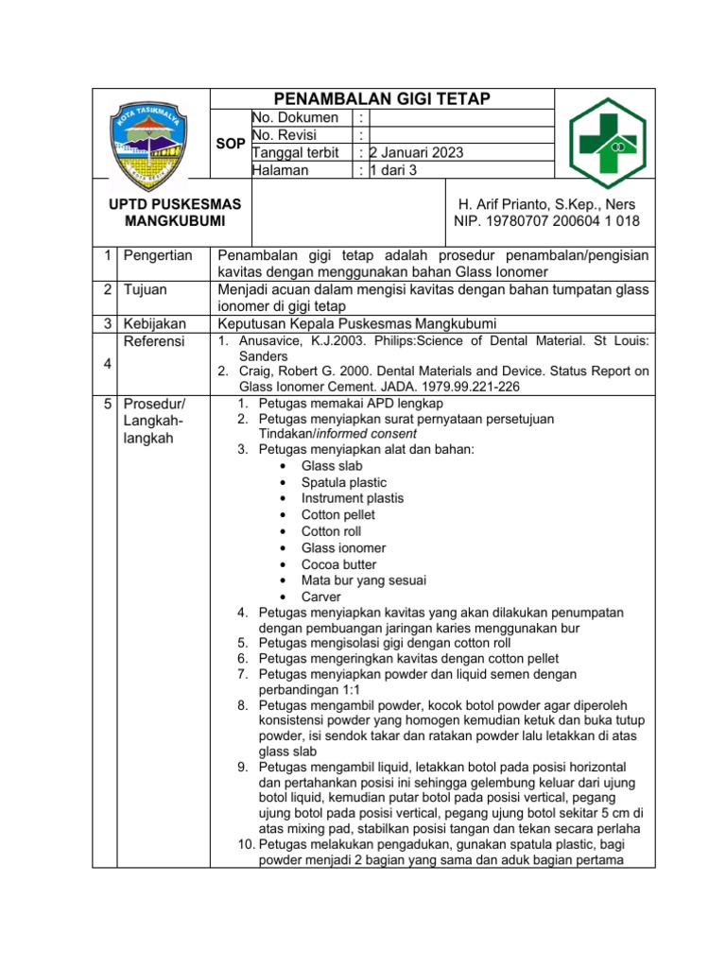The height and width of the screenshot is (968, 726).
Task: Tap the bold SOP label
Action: [231, 144]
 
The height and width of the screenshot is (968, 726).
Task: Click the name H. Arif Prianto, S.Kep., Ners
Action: [546, 204]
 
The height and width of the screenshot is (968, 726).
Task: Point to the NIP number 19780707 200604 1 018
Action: [546, 221]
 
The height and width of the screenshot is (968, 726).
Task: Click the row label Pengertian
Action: [158, 255]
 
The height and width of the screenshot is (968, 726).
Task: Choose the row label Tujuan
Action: [147, 289]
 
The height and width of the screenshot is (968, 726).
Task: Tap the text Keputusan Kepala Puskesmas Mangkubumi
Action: [357, 323]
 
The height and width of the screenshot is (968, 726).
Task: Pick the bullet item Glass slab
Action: [332, 466]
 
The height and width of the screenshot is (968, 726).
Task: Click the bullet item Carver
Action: [321, 596]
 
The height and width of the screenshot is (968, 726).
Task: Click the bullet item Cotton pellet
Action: [338, 515]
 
